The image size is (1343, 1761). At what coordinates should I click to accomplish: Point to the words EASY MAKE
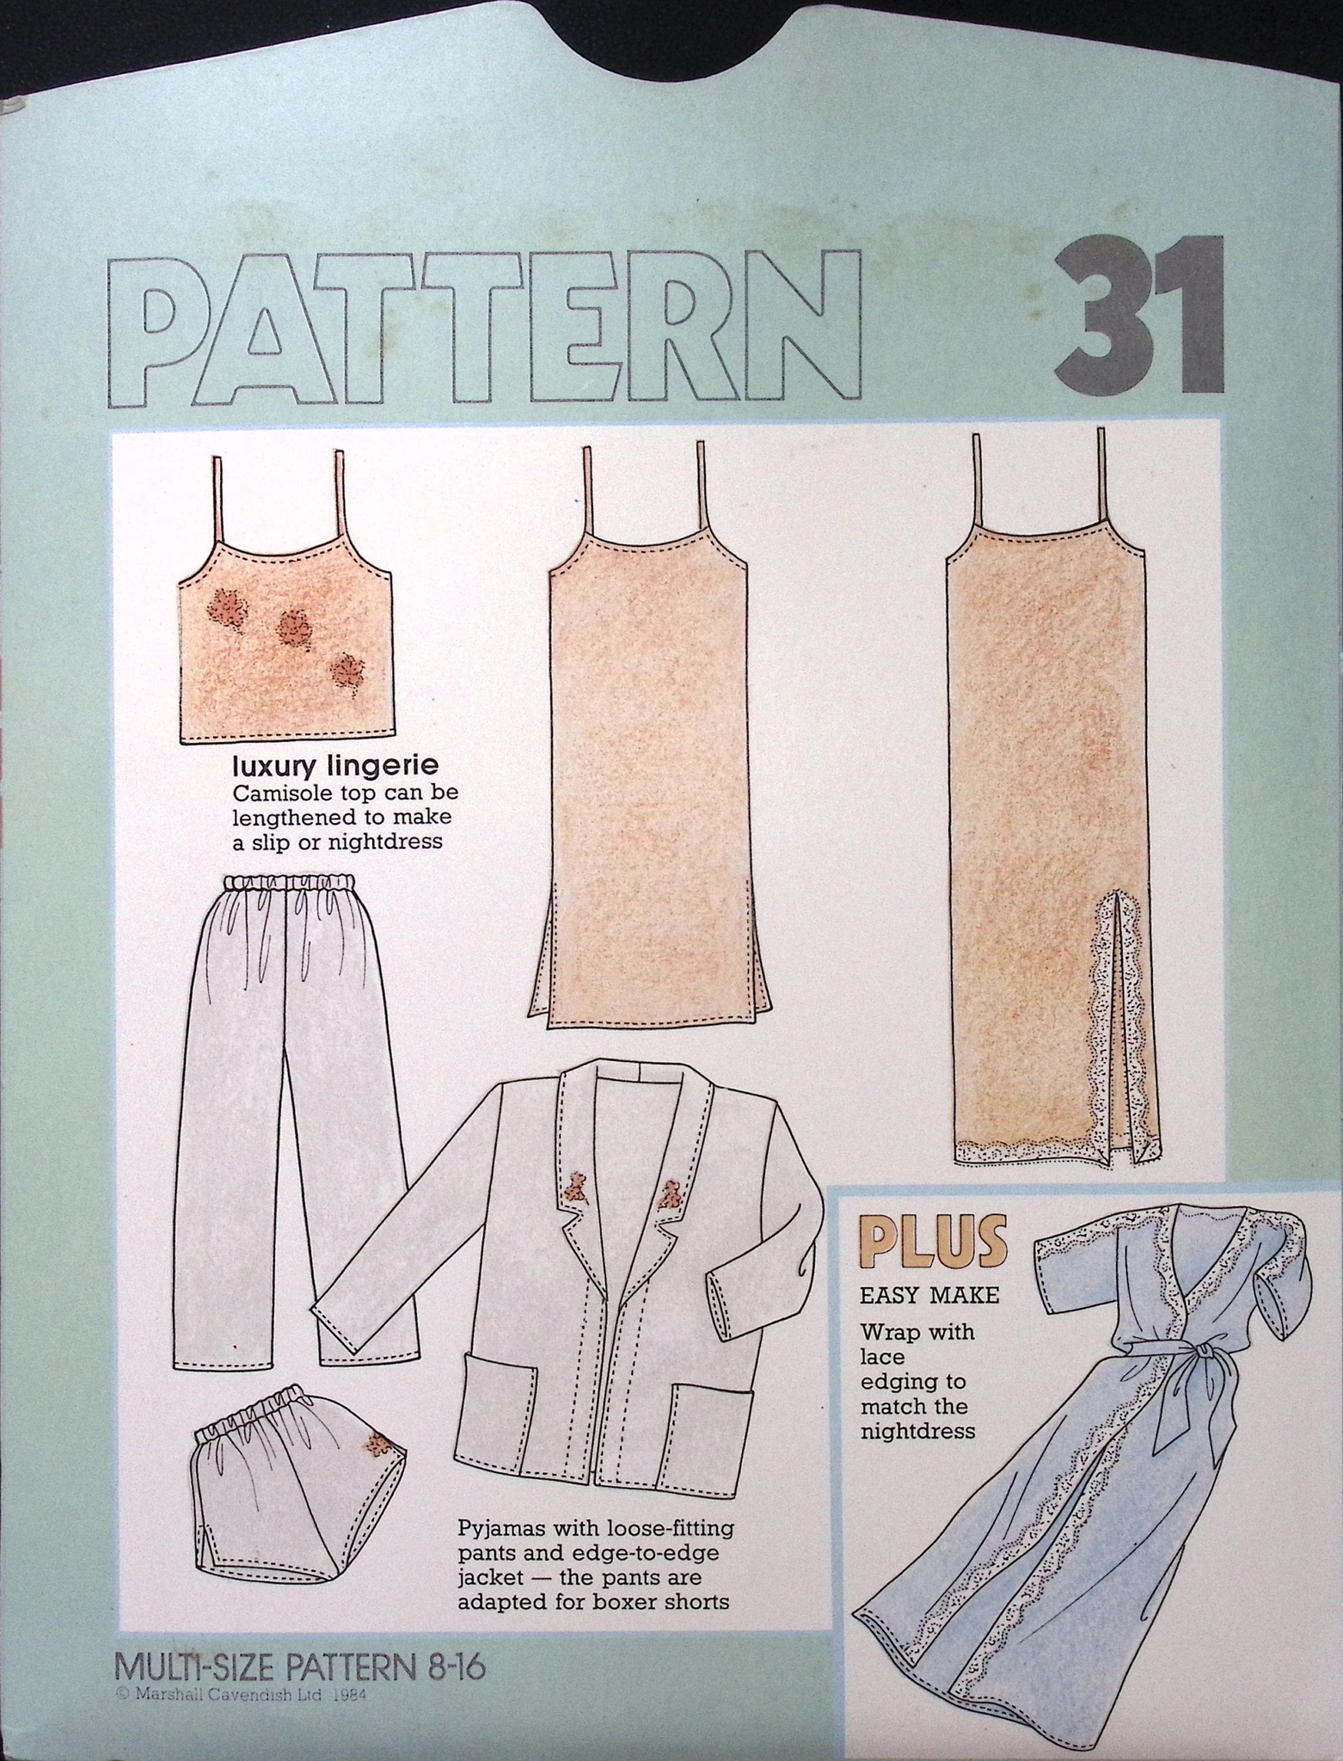pyautogui.click(x=929, y=1293)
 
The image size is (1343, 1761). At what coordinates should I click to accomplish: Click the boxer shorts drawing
pyautogui.click(x=298, y=1457)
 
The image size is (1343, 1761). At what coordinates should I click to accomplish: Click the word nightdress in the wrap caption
pyautogui.click(x=918, y=1431)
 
